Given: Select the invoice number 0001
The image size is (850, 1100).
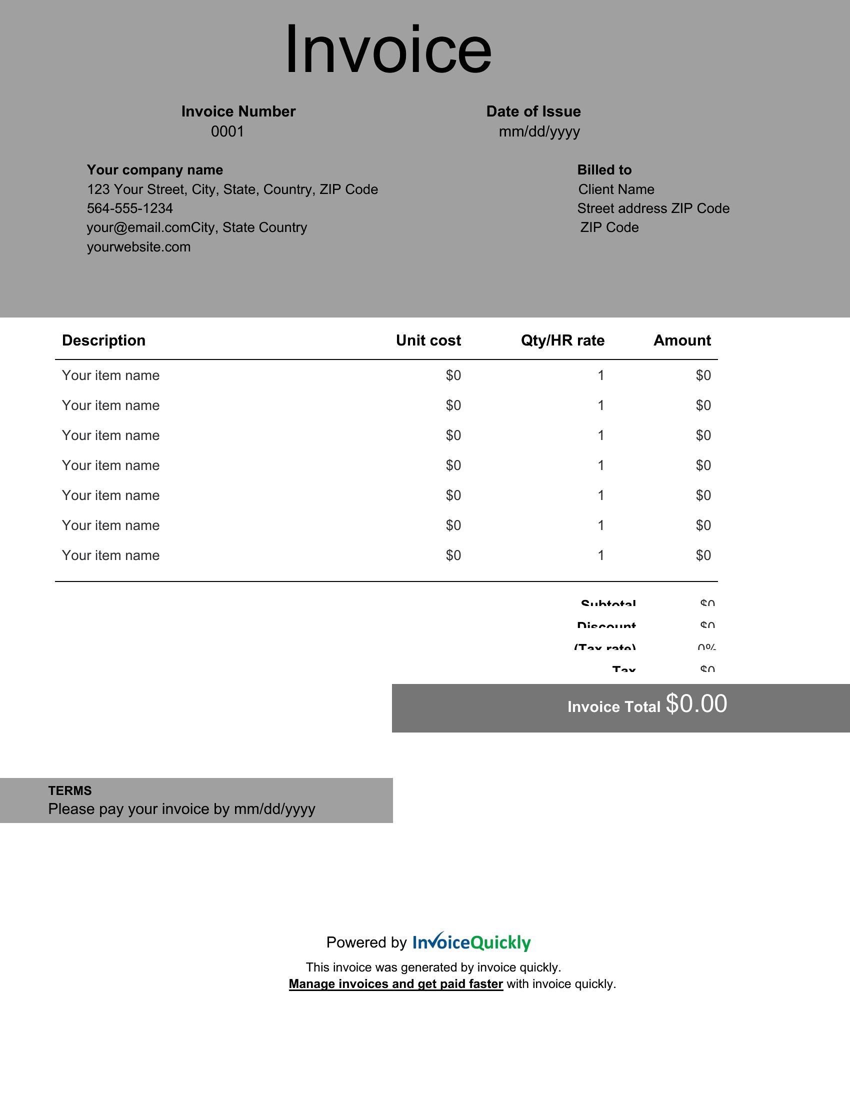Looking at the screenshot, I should coord(227,131).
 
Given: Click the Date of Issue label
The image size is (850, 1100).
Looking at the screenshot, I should coord(533,111).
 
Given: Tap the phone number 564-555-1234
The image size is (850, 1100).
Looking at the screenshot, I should coord(130,208).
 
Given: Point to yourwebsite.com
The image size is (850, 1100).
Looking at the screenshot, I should coord(138,247).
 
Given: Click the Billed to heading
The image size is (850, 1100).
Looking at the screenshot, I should coord(604,169).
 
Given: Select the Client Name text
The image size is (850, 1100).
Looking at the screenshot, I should coord(616,189).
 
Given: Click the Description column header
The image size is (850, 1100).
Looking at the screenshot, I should coord(103,340).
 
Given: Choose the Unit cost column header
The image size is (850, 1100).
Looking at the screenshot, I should coord(428,340).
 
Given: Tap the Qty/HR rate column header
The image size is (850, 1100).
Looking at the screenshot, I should coord(562,340).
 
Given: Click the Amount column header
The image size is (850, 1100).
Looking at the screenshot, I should coord(682,340).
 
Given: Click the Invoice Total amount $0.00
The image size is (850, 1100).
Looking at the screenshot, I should coord(696,703).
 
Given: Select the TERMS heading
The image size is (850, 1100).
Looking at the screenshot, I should coord(70,790).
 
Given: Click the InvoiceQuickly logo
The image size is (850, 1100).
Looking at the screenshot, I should coord(471,942).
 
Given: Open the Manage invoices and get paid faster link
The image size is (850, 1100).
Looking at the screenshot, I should coord(396,983).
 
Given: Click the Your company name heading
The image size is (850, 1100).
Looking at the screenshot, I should coord(154,169).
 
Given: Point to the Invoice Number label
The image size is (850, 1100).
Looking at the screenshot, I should coord(238,111).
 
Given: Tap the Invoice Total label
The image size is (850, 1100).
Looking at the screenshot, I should coord(613,706).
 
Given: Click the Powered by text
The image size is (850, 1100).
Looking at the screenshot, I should coord(366,942).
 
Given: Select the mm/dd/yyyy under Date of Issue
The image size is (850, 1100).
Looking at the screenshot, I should coord(539,131).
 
